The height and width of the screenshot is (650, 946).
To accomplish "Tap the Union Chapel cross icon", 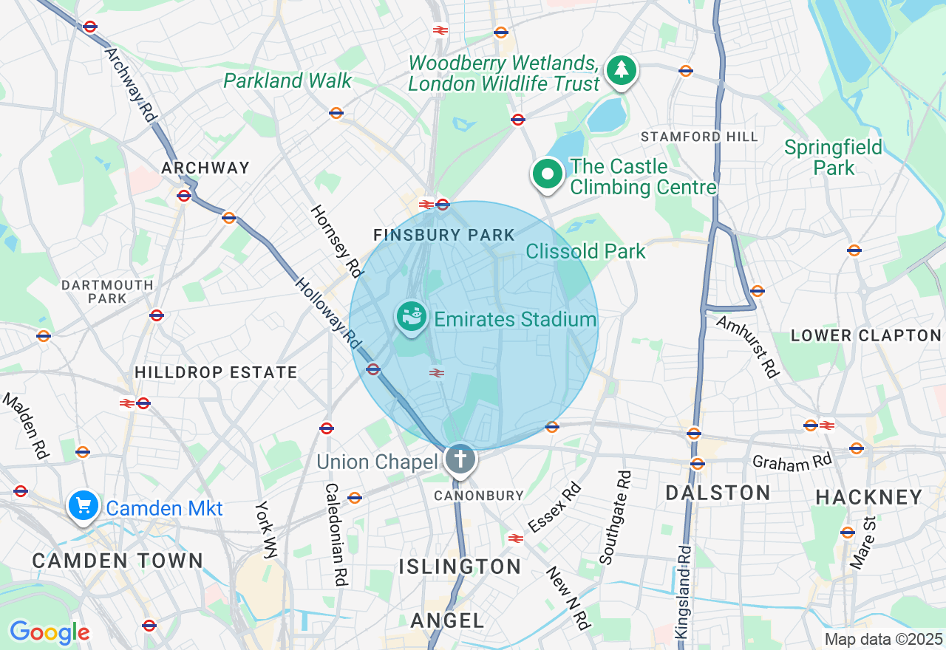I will pos(460,459).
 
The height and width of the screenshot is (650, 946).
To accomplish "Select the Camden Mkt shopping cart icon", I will pos(84,506).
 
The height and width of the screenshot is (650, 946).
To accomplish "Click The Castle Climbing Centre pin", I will pos(548,175).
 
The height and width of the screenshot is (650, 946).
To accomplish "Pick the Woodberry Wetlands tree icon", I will pos(622,70).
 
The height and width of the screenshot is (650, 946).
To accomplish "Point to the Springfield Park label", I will pos(834,157).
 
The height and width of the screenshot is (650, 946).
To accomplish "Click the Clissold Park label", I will pos(585,251).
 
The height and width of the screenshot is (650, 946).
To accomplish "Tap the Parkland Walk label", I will pos(287,81).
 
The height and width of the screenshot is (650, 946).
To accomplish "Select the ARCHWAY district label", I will pos(205,168).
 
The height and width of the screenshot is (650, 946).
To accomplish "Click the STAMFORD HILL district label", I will pos(699,137).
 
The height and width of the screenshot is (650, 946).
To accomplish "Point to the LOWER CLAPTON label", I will pos(866,335).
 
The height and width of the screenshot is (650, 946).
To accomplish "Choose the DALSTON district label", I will pos(718,493).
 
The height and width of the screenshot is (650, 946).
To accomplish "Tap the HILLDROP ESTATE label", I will pos(216,372).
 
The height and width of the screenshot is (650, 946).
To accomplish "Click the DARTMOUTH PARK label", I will pos(107,292).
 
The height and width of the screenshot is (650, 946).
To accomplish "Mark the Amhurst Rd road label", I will pos(748,346).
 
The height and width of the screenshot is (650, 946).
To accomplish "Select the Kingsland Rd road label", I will pos(684,592).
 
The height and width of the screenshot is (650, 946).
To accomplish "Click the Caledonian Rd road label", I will pos(336,534).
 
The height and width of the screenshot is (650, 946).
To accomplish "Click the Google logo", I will pos(50,632).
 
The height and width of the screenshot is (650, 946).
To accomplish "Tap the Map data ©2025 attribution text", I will pos(883,639).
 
